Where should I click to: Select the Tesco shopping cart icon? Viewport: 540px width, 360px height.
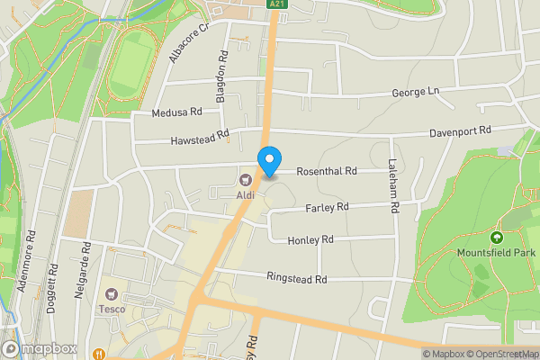[x=112, y=294]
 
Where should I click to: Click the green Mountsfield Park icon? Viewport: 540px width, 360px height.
[x=496, y=238]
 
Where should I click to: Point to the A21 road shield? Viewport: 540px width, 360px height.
[x=278, y=4]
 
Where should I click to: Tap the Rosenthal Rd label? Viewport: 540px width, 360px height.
[x=327, y=171]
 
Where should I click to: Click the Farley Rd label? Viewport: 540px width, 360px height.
[x=327, y=207]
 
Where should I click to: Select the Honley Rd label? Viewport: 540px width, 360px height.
[x=310, y=240]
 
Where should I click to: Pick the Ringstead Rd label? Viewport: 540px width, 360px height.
[x=296, y=278]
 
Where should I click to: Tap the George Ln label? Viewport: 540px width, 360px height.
[x=415, y=93]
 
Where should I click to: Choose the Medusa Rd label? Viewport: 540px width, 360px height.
[x=177, y=112]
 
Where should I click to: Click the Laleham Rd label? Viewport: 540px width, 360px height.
[x=393, y=185]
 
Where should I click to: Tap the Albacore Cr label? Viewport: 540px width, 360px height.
[x=187, y=41]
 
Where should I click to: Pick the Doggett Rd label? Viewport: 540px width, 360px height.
[x=53, y=282]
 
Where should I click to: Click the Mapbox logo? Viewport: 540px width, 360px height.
[x=40, y=348]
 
